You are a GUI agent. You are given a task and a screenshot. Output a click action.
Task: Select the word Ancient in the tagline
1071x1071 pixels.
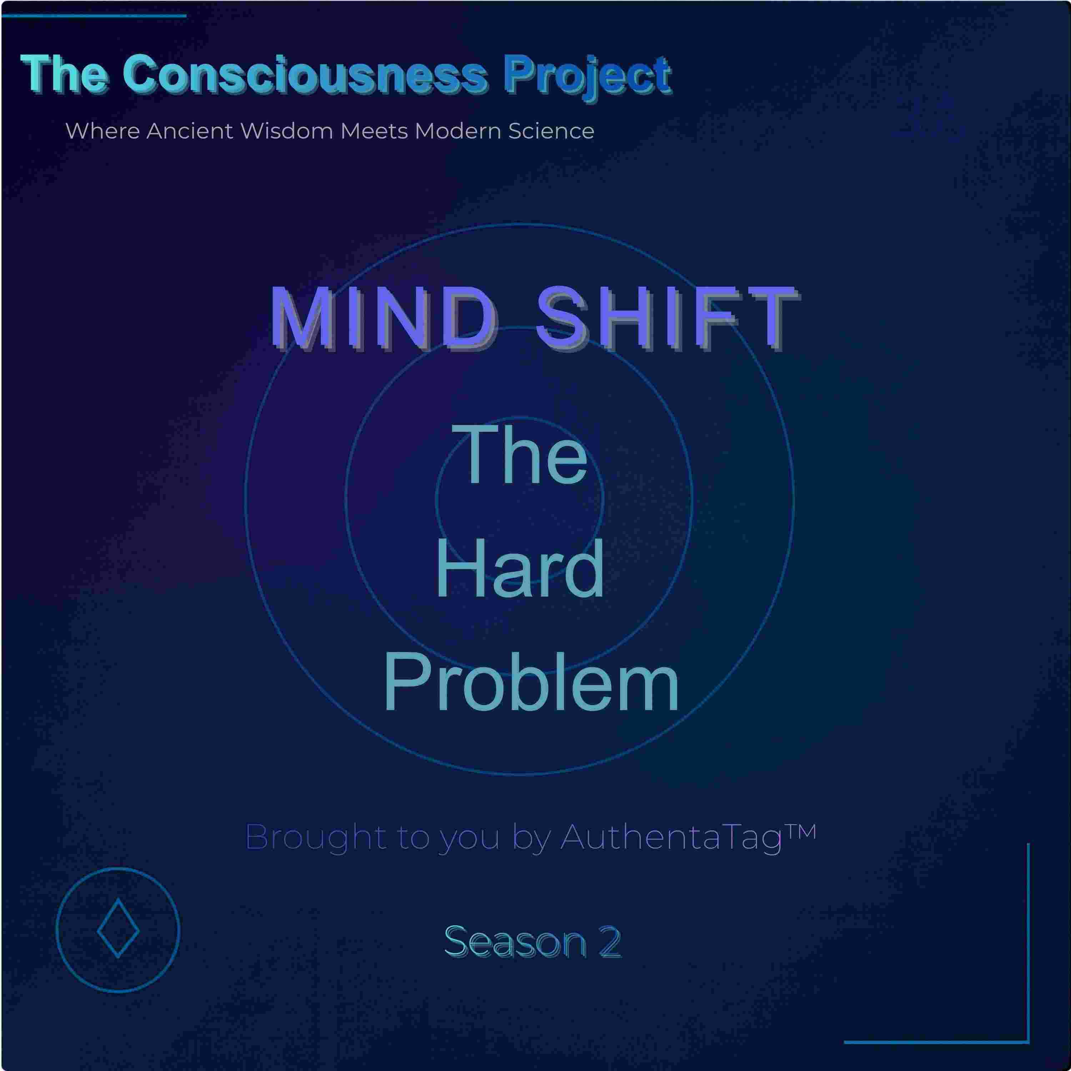click(x=190, y=131)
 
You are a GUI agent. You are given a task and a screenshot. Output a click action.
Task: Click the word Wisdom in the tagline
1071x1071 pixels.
click(x=287, y=131)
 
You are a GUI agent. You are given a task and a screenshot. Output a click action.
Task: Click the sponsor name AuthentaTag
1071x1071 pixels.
click(x=671, y=837)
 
